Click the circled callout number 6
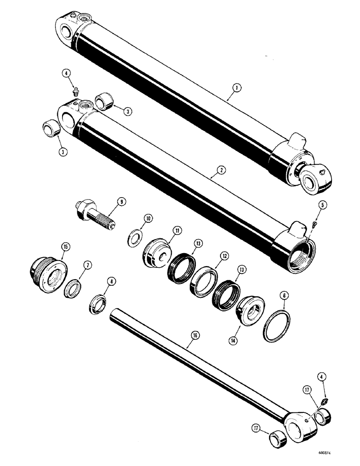pyautogui.click(x=284, y=295)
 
